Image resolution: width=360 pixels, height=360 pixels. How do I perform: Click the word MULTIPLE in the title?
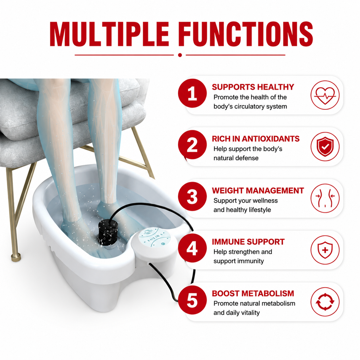tap(109, 34)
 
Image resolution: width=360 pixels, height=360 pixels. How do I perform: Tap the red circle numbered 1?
tap(192, 93)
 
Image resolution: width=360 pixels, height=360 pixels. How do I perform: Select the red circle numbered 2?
tap(192, 145)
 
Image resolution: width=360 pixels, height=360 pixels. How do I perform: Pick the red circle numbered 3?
tap(192, 197)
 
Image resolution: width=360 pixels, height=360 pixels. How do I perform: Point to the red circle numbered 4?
tap(192, 248)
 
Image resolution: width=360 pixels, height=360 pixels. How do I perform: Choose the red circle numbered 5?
tap(192, 300)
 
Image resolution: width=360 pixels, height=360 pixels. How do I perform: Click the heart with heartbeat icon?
tap(325, 95)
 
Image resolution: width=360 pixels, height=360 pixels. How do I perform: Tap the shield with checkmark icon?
tap(325, 147)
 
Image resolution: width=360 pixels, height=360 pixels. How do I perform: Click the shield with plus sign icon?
tap(325, 250)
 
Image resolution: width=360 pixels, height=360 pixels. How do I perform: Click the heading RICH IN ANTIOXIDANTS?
tap(256, 139)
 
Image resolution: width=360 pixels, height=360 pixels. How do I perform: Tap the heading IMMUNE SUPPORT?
tap(248, 242)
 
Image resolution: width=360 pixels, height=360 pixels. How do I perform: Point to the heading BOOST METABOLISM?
tap(253, 293)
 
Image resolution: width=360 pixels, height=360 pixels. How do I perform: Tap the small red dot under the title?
tap(180, 55)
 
